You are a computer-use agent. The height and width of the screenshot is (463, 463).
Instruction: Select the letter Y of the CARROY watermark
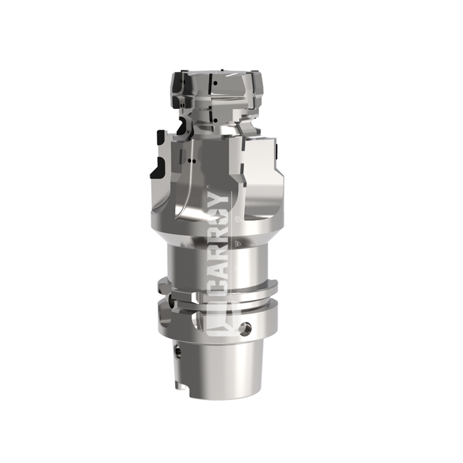click(x=221, y=200)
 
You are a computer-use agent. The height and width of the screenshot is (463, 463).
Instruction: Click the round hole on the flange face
click(x=247, y=328)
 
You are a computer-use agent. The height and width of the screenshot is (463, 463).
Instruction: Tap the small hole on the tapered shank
click(x=178, y=352)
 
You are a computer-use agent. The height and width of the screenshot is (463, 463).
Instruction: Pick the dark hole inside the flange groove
click(x=171, y=301)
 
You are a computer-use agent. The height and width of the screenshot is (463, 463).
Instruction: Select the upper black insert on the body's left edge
click(x=161, y=138)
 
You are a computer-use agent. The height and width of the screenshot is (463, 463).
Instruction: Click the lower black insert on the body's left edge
click(x=158, y=168)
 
